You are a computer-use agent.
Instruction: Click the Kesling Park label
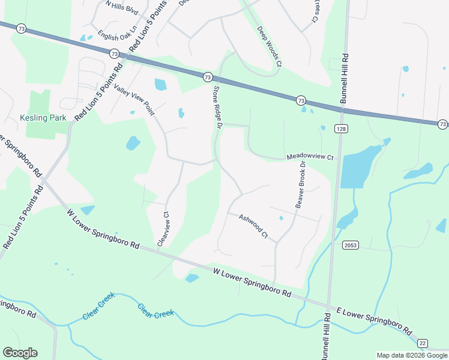pyautogui.click(x=43, y=118)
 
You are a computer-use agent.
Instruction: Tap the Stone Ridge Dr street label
pyautogui.click(x=218, y=107)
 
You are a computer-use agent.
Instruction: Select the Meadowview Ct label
pyautogui.click(x=309, y=157)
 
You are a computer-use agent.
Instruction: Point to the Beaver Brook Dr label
pyautogui.click(x=300, y=185)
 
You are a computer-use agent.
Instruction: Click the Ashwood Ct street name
pyautogui.click(x=253, y=226)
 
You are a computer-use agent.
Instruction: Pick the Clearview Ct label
pyautogui.click(x=163, y=229)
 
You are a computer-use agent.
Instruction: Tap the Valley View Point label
pyautogui.click(x=133, y=100)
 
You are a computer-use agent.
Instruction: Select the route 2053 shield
pyautogui.click(x=351, y=245)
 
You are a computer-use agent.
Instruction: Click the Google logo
pyautogui.click(x=20, y=353)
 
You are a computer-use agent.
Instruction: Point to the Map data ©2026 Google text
pyautogui.click(x=412, y=355)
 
